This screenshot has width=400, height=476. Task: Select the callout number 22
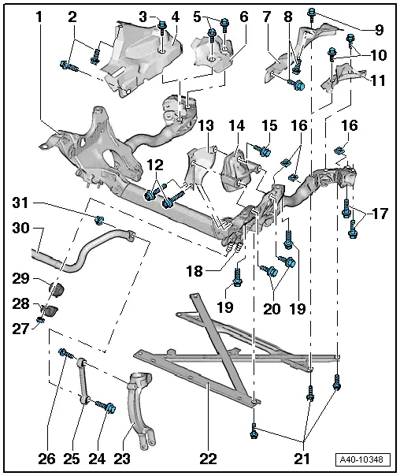207,456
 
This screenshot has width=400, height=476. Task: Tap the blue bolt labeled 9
313,13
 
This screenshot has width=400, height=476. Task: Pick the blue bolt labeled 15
264,149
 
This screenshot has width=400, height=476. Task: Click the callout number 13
206,126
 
